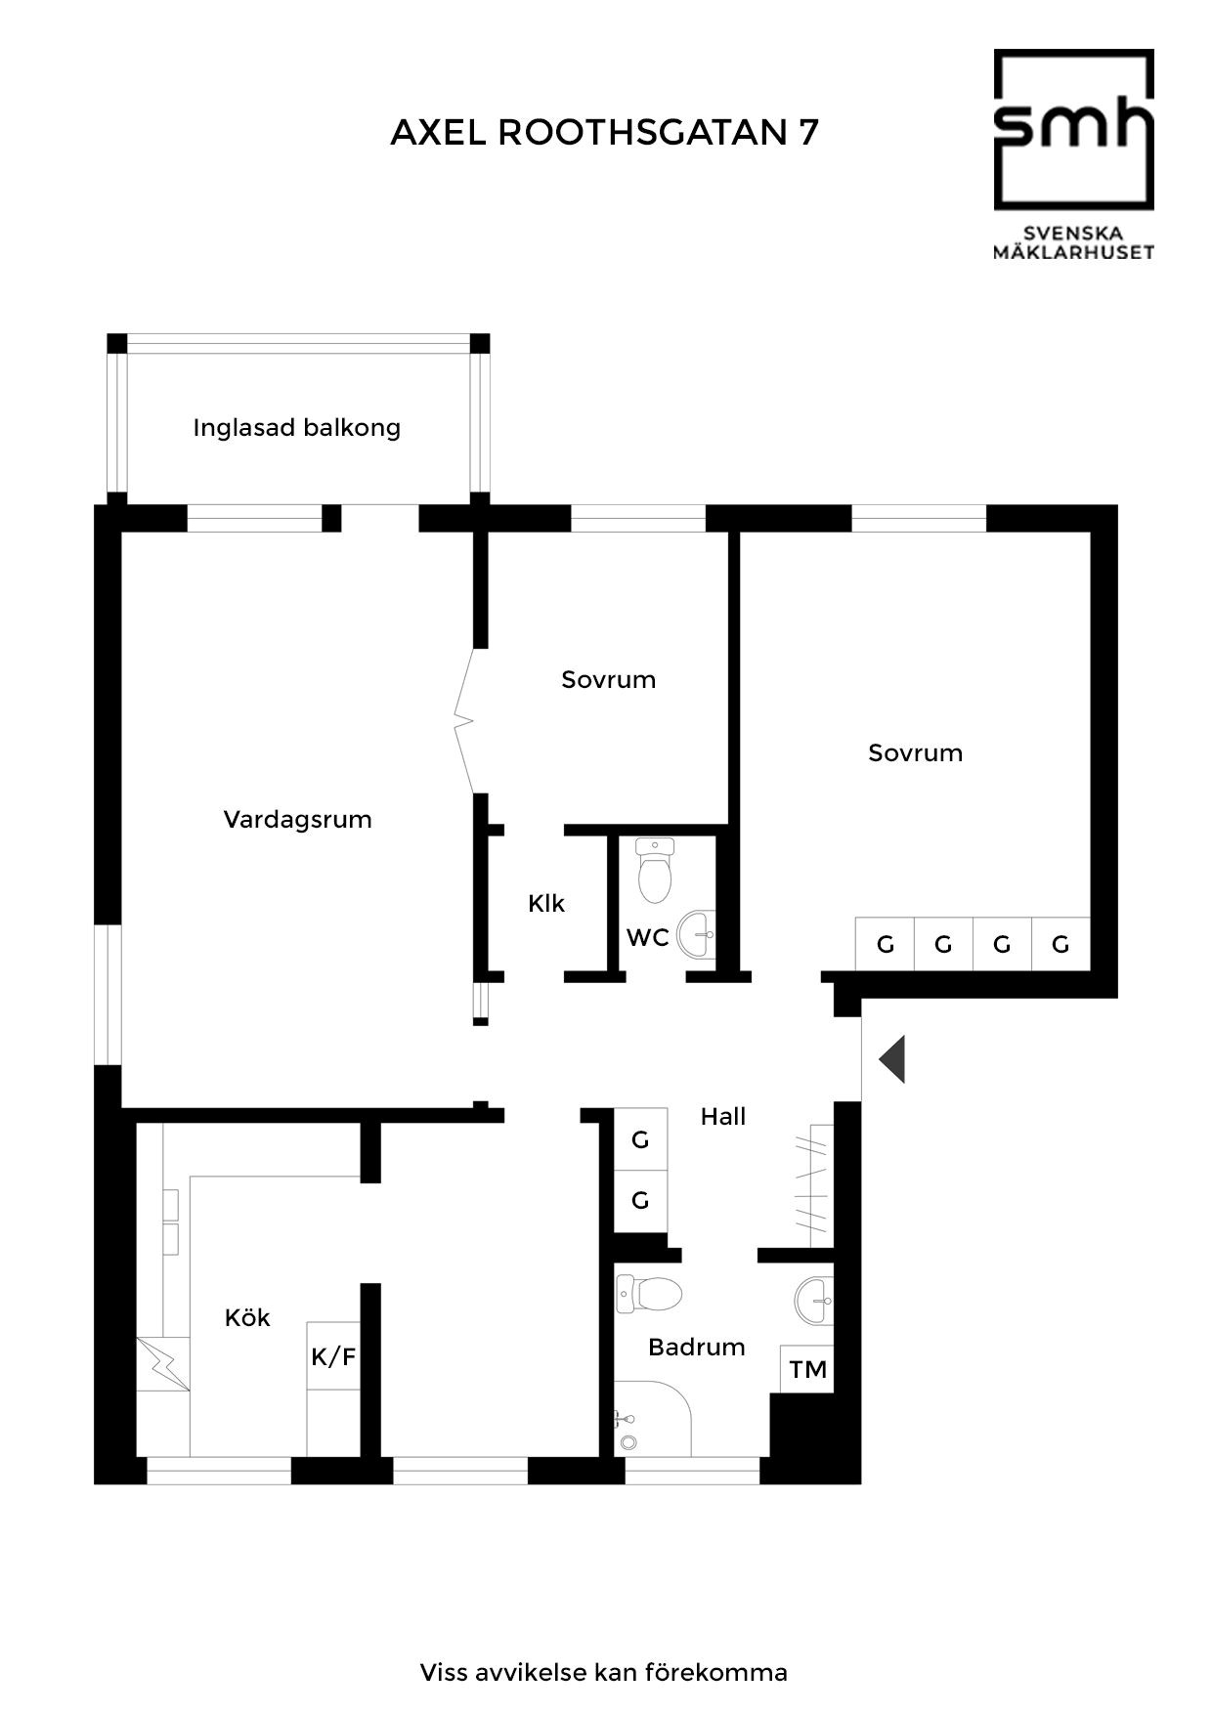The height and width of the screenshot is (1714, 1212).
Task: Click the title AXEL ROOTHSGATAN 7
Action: point(604,132)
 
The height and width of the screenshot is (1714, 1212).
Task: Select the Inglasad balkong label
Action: point(297,428)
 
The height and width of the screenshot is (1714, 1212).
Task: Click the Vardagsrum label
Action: point(297,819)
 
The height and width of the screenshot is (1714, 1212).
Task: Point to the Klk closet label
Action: point(546,903)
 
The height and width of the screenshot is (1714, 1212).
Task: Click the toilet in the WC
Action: point(655,869)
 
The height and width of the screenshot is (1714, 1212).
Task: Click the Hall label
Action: point(723,1116)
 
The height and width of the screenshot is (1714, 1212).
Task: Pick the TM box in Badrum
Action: point(807,1369)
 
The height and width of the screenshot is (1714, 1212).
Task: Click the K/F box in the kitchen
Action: point(333,1355)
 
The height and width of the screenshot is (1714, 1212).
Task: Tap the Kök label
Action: point(247,1317)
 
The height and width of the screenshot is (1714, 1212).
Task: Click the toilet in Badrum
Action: point(649,1295)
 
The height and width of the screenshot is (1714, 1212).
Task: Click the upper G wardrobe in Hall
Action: point(640,1139)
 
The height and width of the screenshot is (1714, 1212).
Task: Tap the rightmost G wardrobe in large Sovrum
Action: point(1060,944)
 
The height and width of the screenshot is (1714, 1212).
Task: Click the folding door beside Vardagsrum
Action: point(465,721)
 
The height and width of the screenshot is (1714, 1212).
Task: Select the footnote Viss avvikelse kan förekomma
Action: point(604,1672)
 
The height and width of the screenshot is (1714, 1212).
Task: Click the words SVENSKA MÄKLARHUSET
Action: point(1074,242)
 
